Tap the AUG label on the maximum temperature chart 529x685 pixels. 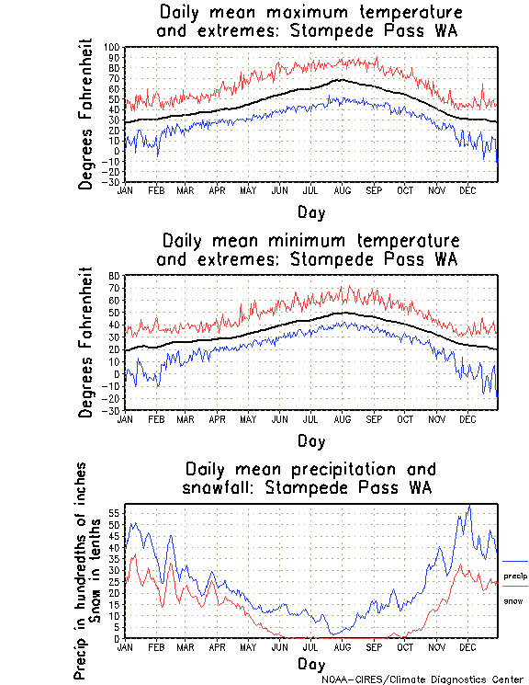pos(341,189)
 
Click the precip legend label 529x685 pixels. pos(515,576)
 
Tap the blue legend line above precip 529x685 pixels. pos(515,561)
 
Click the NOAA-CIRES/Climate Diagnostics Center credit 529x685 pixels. pos(423,679)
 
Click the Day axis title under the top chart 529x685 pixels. pos(310,211)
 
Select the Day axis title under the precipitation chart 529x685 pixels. pos(310,663)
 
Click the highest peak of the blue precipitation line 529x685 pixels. pos(469,505)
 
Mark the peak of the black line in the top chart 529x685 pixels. pos(341,80)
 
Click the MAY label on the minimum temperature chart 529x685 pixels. pos(248,418)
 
